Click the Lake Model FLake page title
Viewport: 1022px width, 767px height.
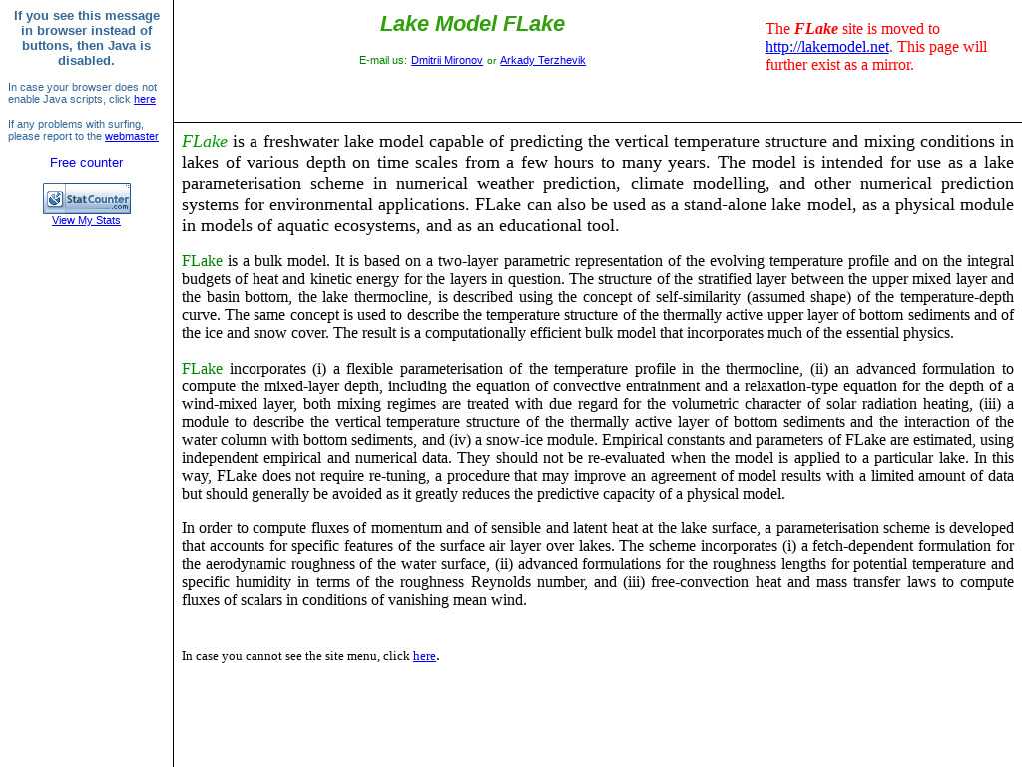point(472,24)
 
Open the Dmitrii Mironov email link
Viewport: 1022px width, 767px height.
point(446,61)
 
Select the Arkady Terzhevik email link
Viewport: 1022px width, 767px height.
point(542,61)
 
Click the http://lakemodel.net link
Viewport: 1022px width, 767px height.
point(826,47)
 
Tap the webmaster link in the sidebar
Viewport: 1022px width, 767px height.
point(132,137)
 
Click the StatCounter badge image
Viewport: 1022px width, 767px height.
point(87,198)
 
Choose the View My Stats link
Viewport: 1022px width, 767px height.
point(86,221)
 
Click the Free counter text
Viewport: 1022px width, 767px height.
point(87,163)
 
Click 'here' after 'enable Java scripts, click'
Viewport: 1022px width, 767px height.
point(145,100)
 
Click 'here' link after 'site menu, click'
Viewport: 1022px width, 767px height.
point(424,657)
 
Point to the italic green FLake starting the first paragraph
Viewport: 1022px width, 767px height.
point(204,142)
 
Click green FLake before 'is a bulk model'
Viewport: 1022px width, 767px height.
point(202,261)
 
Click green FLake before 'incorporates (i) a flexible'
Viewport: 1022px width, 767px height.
point(202,369)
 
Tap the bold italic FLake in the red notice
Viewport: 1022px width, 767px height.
point(815,29)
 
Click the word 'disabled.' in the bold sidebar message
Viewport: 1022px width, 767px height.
point(86,61)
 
